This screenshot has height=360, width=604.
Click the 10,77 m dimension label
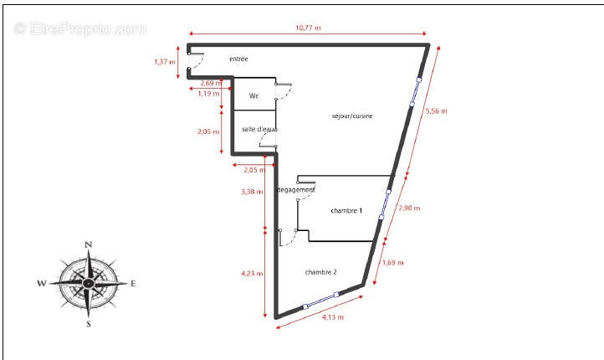click(x=308, y=28)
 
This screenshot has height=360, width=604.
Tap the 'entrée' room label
click(x=238, y=59)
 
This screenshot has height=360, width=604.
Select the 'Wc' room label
click(x=253, y=96)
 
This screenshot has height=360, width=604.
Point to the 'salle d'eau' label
click(x=259, y=129)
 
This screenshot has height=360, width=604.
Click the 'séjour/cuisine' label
click(x=352, y=116)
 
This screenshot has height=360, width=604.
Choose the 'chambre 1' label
click(x=346, y=210)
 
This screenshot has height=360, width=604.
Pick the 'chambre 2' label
click(x=321, y=272)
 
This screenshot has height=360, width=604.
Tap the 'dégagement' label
click(x=295, y=191)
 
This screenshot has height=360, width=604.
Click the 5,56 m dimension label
click(x=437, y=111)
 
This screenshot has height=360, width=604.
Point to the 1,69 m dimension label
click(x=392, y=263)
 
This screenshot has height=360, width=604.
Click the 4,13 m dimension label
click(x=332, y=317)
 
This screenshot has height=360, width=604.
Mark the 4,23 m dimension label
click(x=252, y=273)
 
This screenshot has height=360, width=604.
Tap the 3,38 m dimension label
click(x=251, y=192)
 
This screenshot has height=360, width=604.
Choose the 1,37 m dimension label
click(x=165, y=61)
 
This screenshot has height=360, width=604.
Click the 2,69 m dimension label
click(x=211, y=83)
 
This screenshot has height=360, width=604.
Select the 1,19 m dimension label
click(x=207, y=94)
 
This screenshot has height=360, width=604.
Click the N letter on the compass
click(x=88, y=245)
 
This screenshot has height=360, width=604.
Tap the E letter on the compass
click(x=133, y=283)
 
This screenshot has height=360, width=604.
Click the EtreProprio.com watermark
click(x=80, y=28)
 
